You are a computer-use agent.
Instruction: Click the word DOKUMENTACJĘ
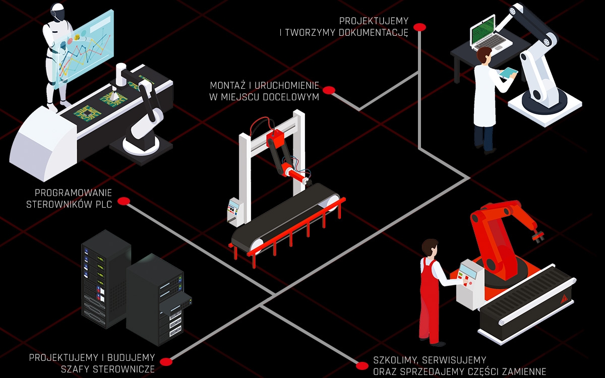click(373, 33)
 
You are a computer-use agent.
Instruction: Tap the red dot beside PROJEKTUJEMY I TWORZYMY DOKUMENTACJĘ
click(419, 27)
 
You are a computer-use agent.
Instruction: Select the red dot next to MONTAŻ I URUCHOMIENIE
click(329, 90)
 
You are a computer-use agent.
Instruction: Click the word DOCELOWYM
click(290, 97)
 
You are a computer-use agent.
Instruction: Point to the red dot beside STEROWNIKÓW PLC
click(124, 201)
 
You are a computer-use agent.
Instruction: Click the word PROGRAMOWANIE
click(73, 193)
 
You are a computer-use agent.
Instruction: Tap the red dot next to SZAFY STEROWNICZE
click(166, 362)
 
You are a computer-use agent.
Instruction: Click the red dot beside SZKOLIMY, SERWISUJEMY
click(362, 366)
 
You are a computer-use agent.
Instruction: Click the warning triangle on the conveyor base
click(564, 299)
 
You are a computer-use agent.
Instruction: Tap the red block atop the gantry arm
click(275, 138)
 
